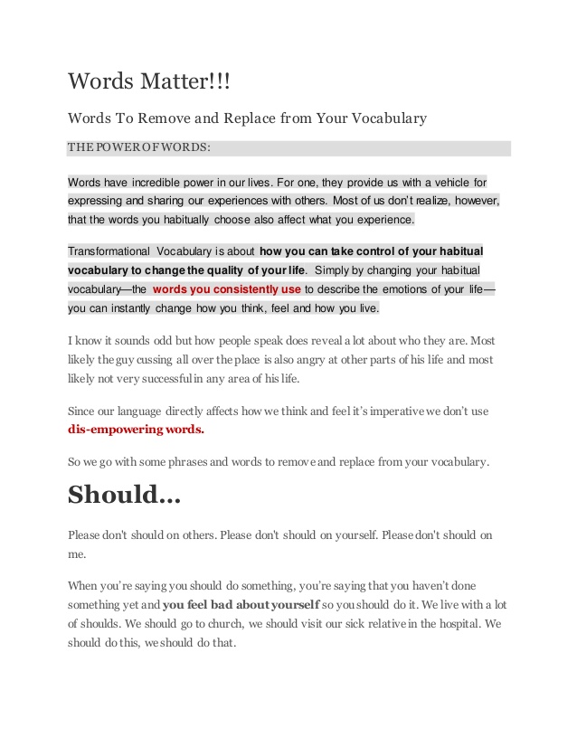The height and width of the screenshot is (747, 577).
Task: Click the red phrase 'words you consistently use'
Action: (x=227, y=289)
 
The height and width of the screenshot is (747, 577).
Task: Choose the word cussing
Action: (x=174, y=359)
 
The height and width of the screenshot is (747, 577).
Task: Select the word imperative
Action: (x=393, y=411)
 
